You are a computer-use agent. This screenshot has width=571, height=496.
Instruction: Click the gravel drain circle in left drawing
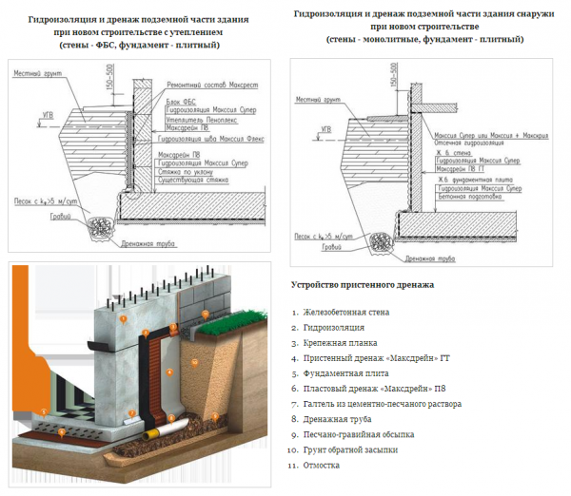pyautogui.click(x=98, y=226)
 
